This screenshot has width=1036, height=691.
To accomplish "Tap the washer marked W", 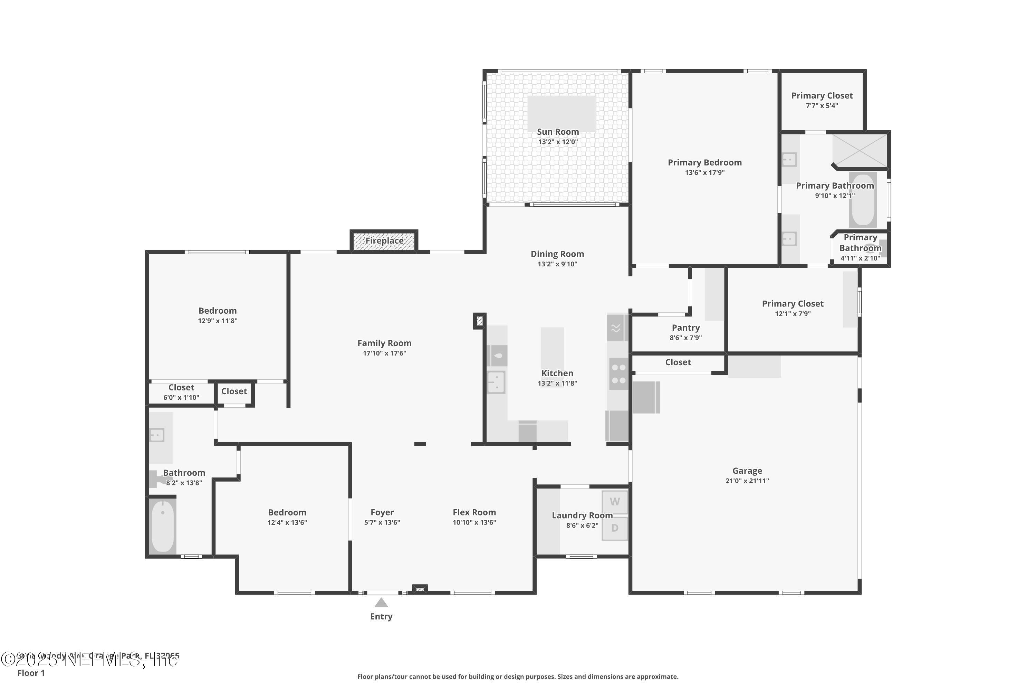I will pos(614,502).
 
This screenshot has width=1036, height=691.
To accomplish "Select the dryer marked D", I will pos(614,528).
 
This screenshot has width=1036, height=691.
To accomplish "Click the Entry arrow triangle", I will pos(381,603).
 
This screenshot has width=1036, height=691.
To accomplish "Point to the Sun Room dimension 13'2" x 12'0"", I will pos(558,142).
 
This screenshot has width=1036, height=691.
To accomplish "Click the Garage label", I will pos(747,471).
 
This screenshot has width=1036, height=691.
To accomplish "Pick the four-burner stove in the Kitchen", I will pos(618,374).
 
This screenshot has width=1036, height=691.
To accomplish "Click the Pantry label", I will pos(685,328).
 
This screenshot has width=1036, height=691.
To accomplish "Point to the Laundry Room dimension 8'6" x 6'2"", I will pos(582,525).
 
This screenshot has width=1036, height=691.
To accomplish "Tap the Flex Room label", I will pos(474,512).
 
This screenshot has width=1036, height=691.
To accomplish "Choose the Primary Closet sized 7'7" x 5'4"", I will pos(822,100).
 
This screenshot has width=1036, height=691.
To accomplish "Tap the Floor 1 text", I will pos(31,673).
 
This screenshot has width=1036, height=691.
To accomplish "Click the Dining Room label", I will pos(557,254).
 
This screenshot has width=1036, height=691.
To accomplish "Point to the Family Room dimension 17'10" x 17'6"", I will pos(384,353).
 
